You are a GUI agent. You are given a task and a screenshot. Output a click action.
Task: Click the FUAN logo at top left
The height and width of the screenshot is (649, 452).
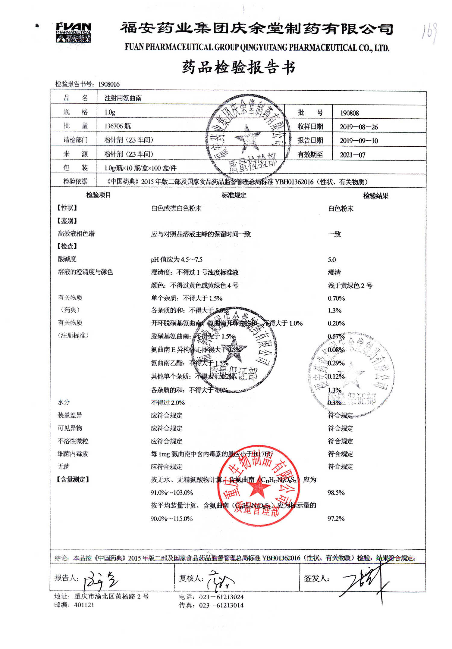click(73, 32)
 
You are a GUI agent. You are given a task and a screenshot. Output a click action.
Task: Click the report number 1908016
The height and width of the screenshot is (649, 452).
click(109, 84)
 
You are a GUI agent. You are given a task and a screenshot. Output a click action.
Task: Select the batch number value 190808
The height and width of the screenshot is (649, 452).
click(349, 113)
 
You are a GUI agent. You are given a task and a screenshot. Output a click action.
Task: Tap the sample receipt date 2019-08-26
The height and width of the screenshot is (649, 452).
click(359, 127)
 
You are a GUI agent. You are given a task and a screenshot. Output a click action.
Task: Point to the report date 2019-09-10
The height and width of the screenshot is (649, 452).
click(359, 141)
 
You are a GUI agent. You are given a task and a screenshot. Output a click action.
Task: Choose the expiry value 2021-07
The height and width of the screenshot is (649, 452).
click(352, 155)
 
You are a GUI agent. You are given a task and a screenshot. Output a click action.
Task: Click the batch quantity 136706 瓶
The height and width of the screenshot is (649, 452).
click(118, 126)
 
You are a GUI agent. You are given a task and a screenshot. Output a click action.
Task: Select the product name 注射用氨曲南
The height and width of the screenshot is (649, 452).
click(123, 98)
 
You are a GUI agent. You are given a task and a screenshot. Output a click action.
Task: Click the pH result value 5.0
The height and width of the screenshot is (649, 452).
click(332, 260)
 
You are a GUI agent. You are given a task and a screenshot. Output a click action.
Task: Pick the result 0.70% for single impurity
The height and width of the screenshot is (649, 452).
click(336, 298)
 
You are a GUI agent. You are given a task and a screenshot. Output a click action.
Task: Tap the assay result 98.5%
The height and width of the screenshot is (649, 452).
click(336, 493)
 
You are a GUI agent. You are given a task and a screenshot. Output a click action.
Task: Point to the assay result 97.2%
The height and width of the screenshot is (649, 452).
click(336, 519)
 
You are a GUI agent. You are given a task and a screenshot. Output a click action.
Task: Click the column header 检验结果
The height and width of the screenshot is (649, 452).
click(375, 196)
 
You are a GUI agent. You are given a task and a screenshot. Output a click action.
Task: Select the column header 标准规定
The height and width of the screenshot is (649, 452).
click(234, 195)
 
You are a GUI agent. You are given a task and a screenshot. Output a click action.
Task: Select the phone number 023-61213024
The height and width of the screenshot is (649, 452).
click(221, 597)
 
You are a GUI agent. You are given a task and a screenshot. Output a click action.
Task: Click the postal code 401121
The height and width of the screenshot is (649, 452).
click(84, 605)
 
